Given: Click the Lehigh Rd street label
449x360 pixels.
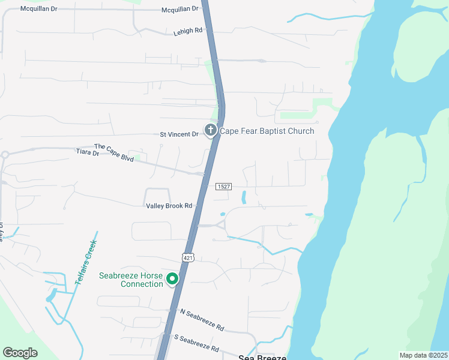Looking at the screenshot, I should [x=188, y=30].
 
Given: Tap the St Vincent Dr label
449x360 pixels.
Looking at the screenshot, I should [x=179, y=134].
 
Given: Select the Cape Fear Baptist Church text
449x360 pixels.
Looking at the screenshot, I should [x=267, y=131].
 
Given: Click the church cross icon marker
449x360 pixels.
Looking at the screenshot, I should [x=211, y=130].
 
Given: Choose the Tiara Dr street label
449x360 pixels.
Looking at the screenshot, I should [x=87, y=153].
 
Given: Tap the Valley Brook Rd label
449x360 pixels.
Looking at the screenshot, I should [x=169, y=206].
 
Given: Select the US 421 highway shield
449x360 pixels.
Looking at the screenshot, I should [x=187, y=257].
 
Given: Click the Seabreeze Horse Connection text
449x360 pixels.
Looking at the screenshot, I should [x=130, y=280].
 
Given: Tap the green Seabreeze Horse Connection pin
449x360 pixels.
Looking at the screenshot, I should [x=172, y=279].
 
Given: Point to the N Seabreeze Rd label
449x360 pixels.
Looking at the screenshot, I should [x=202, y=320].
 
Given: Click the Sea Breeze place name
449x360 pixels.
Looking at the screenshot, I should [x=263, y=356].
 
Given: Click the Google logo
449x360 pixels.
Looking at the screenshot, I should [x=20, y=353].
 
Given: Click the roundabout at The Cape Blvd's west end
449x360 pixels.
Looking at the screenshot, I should [x=5, y=154].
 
